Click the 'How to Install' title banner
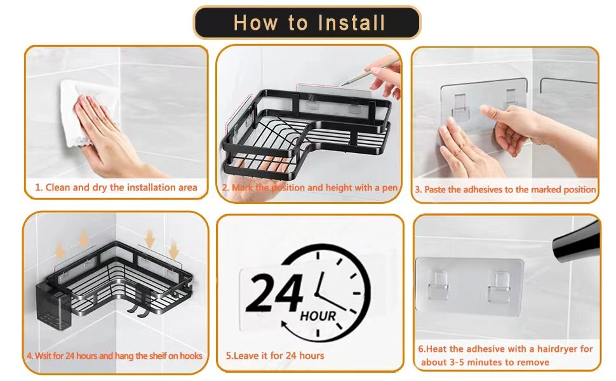[307, 23]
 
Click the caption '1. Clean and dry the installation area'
[116, 187]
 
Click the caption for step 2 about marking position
[310, 188]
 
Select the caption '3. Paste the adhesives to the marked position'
[506, 189]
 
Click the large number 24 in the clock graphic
[274, 293]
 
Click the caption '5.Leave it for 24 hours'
[275, 356]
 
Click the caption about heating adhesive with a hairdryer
[505, 356]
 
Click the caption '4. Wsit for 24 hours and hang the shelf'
[114, 356]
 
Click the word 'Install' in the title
[351, 23]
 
